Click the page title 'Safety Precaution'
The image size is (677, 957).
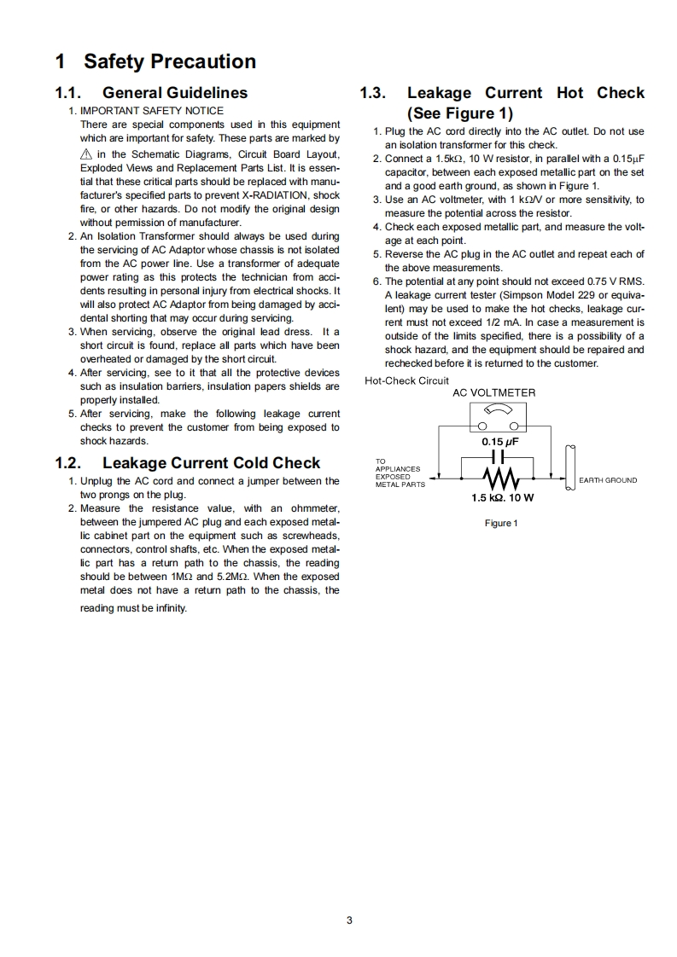pos(169,61)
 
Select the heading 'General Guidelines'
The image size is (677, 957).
pos(175,93)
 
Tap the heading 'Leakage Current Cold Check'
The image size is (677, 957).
pos(211,463)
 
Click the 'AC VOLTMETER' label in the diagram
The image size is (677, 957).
pos(493,392)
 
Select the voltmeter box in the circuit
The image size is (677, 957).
pos(498,417)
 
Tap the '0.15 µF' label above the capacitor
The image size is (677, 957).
pos(500,442)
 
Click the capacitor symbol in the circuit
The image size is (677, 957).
pos(497,461)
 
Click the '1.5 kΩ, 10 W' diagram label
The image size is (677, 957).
pos(502,497)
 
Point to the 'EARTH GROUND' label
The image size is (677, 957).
pos(608,480)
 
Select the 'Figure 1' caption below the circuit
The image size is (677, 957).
pos(500,523)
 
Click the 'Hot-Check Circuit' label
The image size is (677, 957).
pos(406,380)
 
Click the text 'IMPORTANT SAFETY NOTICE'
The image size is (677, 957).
pos(151,111)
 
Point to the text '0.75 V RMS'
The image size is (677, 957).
pos(616,281)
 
